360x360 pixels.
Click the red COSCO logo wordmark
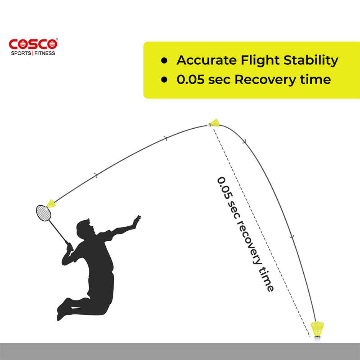(x=33, y=44)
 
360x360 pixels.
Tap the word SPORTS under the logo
(x=21, y=53)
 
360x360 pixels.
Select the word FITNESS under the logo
(x=44, y=53)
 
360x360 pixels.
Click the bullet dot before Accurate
(x=164, y=61)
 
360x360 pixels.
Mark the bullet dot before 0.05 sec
(x=164, y=80)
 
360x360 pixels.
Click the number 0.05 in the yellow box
(x=190, y=80)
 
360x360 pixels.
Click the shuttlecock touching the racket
(x=51, y=204)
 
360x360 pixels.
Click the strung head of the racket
(x=43, y=213)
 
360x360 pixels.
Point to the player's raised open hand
(x=136, y=221)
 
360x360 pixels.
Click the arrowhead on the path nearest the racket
(x=96, y=176)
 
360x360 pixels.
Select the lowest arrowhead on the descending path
(x=292, y=237)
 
